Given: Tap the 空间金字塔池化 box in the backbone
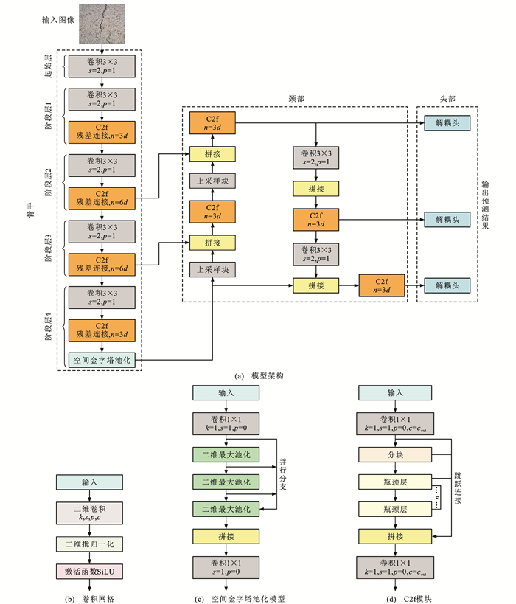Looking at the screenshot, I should (102, 361).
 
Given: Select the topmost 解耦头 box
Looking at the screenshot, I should (447, 122).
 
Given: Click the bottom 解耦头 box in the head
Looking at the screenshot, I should (447, 285).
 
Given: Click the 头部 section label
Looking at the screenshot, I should (447, 97).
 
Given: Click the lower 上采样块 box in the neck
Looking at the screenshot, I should (212, 270).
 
